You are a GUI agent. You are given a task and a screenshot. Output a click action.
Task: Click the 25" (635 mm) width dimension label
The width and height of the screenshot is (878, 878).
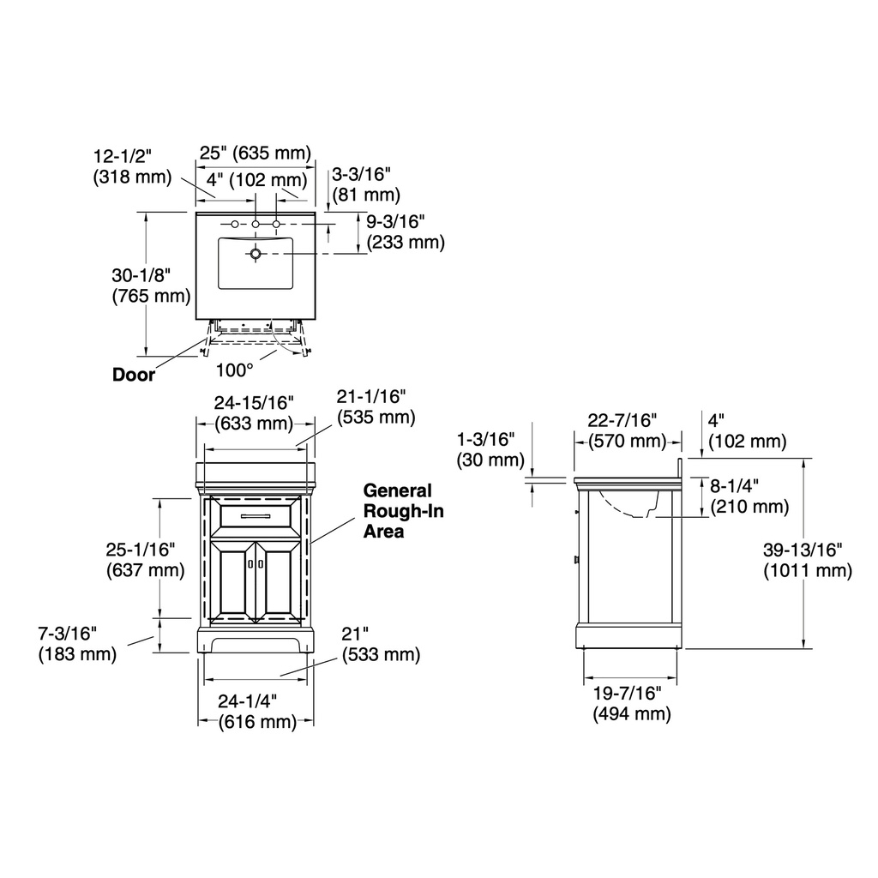point(256,153)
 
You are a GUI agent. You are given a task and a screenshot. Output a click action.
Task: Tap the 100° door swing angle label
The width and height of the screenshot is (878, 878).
point(235,370)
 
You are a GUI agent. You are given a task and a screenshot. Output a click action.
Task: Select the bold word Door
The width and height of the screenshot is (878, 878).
point(133,375)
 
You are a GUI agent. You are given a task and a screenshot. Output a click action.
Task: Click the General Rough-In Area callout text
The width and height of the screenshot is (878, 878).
point(403,511)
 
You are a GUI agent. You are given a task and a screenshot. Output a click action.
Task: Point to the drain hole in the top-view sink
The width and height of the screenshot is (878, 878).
point(256,254)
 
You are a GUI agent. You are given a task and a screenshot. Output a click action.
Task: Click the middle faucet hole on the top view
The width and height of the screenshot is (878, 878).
point(256,225)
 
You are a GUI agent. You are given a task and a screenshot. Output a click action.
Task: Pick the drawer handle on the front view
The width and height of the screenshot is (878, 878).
point(256,515)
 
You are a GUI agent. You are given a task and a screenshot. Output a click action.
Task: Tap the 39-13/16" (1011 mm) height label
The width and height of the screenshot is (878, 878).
point(808,560)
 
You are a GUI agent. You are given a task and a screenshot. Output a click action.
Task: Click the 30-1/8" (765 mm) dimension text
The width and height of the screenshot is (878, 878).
point(151,286)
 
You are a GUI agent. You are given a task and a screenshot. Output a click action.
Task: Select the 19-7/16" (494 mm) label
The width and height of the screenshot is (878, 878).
point(632,703)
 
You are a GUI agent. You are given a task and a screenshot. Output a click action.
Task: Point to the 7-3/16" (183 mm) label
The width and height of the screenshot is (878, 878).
point(77,643)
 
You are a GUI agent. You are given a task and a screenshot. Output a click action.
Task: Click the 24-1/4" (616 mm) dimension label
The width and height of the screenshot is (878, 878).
point(256,711)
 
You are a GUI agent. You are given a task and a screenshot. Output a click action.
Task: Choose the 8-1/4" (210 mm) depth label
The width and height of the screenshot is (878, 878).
point(749,496)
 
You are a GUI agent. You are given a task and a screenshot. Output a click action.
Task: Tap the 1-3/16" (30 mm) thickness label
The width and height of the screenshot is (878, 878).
point(490,449)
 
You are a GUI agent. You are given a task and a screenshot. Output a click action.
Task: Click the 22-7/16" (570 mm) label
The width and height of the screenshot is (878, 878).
point(627,430)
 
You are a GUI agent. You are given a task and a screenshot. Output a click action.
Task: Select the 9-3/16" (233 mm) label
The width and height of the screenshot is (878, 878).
point(406,232)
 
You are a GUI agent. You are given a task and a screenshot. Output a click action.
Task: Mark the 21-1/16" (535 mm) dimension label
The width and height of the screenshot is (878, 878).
point(376,406)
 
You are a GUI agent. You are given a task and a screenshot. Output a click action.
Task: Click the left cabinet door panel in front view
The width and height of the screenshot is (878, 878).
point(233,581)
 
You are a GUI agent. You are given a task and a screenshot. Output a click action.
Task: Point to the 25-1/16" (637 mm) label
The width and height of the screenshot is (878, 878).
point(146,559)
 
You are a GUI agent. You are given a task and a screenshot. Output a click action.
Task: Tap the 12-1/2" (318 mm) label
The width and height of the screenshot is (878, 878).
point(132,166)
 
